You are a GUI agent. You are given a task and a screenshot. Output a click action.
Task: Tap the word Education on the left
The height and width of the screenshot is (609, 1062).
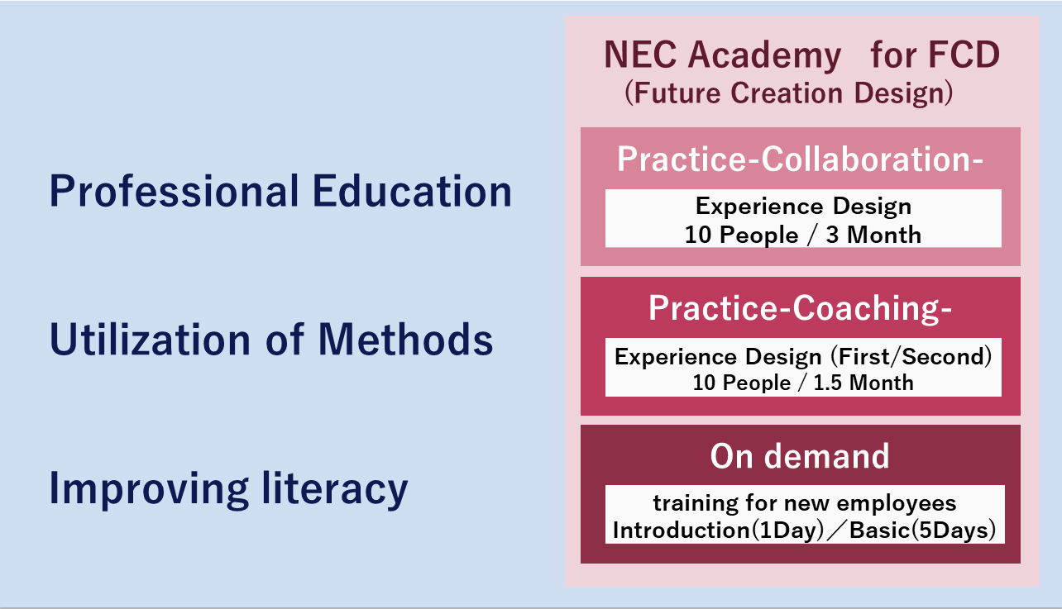412,191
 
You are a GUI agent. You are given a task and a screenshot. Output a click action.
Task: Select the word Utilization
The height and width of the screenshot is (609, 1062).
150,339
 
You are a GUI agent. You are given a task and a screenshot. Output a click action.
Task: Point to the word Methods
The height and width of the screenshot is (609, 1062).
406,339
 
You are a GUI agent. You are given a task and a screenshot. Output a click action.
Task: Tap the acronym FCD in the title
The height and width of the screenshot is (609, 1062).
964,55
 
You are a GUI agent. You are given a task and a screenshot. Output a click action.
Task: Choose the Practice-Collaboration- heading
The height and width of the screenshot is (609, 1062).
800,159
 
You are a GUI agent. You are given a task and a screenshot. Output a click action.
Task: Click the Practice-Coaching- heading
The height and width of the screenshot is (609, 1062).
800,308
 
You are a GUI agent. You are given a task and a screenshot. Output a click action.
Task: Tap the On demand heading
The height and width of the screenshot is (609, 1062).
800,456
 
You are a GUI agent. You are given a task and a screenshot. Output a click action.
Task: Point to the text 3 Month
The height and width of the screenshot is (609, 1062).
873,235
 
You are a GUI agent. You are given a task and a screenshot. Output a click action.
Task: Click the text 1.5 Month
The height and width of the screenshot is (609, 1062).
863,383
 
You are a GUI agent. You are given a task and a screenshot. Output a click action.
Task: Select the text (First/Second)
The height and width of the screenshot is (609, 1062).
911,357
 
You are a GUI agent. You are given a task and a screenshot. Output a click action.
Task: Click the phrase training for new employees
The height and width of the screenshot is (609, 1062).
805,503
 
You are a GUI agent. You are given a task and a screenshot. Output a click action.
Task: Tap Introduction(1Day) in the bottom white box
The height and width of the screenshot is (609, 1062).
718,530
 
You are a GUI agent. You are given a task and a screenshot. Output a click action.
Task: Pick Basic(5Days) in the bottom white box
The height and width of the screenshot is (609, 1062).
922,530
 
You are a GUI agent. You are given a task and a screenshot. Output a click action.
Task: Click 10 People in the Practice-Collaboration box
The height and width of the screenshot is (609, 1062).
742,236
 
